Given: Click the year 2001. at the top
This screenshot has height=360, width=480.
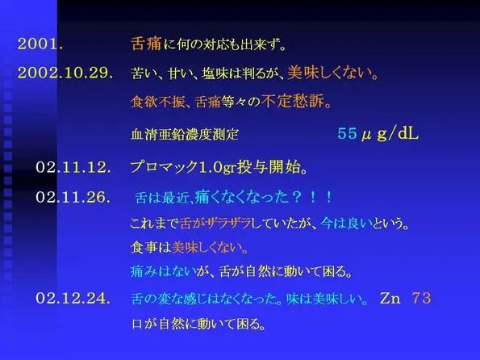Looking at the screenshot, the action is pos(40,44).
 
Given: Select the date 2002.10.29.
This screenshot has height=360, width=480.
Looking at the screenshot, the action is pos(65,73).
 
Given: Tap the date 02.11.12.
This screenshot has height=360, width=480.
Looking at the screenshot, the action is pos(73,167).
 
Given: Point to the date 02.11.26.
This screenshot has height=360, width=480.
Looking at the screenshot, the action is pos(73,197).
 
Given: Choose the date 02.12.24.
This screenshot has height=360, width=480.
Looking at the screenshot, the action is pos(73,298).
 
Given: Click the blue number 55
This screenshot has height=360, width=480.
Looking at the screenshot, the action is pos(347,133).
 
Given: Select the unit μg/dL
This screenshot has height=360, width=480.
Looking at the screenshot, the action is pos(390,133).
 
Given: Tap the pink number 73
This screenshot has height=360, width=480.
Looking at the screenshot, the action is pos(421,298).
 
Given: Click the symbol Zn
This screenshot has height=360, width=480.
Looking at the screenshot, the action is pos(390,298).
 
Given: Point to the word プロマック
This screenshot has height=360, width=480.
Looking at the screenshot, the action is pos(165,167).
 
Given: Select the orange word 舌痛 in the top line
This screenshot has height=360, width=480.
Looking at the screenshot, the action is pos(146,44).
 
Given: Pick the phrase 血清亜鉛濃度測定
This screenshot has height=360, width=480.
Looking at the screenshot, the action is pos(185,135).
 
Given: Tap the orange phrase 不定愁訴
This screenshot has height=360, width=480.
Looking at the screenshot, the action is pos(293,101).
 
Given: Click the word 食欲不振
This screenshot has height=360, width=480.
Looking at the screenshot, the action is pos(157,102).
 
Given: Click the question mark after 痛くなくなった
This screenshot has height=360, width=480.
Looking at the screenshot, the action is pos(296,197).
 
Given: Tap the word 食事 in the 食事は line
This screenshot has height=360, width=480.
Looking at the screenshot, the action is pos(144,248).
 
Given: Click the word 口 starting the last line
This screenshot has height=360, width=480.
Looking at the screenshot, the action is pos(137,324).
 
